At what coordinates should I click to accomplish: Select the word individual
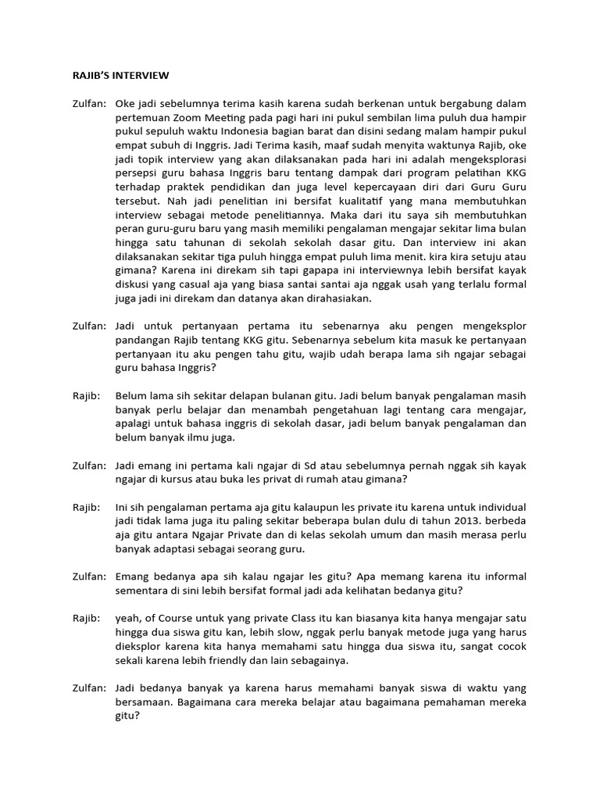pos(498,507)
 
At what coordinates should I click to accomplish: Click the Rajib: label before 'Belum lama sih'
pos(85,396)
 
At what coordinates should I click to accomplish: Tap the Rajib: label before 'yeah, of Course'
pos(85,618)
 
